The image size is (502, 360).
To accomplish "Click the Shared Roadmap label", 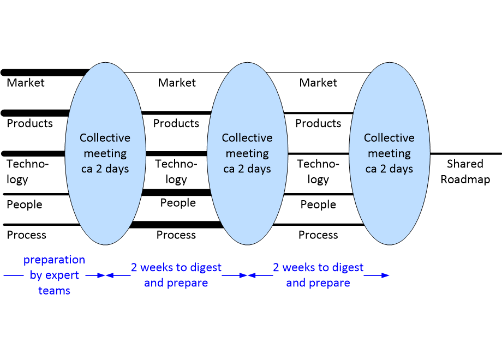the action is click(x=465, y=171).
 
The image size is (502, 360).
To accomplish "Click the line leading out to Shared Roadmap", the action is click(x=466, y=154).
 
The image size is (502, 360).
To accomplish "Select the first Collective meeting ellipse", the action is click(x=105, y=154).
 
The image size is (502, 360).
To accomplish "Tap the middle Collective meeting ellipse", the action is click(x=247, y=154).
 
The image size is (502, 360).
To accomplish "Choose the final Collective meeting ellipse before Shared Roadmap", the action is click(x=389, y=154).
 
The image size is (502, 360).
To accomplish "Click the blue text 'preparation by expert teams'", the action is click(x=54, y=275).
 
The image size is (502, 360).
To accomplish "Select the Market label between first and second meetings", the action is click(x=177, y=82).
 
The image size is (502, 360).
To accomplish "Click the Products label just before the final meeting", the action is click(x=318, y=123).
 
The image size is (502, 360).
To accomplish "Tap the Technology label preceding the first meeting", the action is click(x=27, y=171).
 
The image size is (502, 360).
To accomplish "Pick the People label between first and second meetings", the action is click(x=178, y=202).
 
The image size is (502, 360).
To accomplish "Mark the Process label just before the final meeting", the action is click(x=318, y=235).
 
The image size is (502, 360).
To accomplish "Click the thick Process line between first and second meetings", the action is click(x=176, y=225).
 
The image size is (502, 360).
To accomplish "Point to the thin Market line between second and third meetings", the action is click(x=319, y=73).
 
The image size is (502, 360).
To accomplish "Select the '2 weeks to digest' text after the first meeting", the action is click(x=176, y=267).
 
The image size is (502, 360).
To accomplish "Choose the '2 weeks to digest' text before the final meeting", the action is click(x=318, y=267).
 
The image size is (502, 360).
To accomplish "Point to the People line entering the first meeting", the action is click(x=36, y=194).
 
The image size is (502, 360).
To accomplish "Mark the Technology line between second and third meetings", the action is click(x=318, y=154).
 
